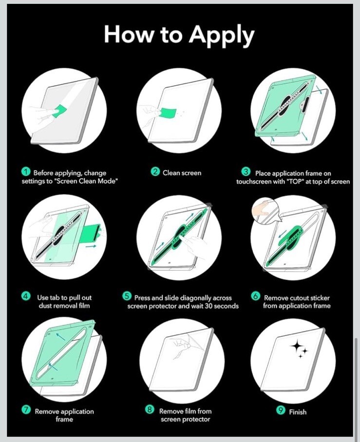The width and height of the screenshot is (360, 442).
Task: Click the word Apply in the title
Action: (x=222, y=35)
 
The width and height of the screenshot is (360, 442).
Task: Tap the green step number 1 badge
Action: (x=26, y=172)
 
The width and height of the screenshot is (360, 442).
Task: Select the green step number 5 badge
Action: (x=127, y=296)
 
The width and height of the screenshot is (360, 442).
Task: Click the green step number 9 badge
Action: (x=281, y=410)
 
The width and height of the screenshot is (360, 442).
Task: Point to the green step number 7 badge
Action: (x=26, y=410)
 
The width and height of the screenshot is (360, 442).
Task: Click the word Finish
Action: (x=298, y=412)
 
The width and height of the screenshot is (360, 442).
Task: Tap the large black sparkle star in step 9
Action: (x=297, y=346)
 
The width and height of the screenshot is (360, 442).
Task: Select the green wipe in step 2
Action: (x=168, y=113)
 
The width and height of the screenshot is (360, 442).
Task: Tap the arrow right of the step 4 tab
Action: (x=91, y=247)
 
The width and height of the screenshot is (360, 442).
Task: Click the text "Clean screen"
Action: (x=182, y=173)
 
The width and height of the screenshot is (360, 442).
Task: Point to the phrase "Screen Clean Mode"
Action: (x=86, y=181)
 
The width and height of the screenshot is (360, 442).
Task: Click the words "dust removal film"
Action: (x=64, y=306)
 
